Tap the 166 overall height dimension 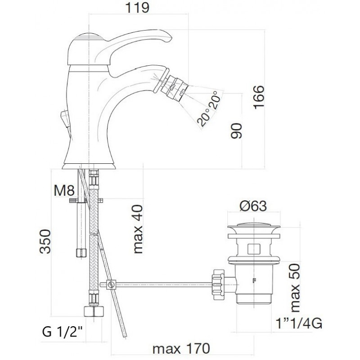(x=259, y=97)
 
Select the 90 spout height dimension (x=236, y=131)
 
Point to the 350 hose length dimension (x=45, y=241)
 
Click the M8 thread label (x=64, y=190)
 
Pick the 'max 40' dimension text (x=138, y=229)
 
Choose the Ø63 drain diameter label (x=253, y=206)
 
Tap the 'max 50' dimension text (x=295, y=288)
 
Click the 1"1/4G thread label (x=299, y=324)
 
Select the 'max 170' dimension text (x=181, y=349)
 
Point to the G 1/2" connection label (x=63, y=332)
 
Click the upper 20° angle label (x=215, y=100)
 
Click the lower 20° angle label (x=204, y=117)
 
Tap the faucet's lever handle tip (x=170, y=38)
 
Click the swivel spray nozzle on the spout (x=174, y=87)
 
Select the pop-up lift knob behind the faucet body (x=65, y=118)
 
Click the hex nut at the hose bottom (x=94, y=311)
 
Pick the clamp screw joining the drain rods (x=112, y=285)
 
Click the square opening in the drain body (x=254, y=249)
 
